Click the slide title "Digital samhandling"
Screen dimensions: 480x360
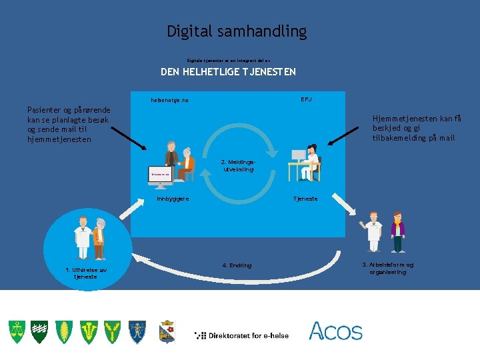coord(237,31)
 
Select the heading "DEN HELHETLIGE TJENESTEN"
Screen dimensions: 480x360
coord(228,72)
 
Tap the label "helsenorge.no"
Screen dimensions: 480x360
coord(169,101)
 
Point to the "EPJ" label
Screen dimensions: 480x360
coord(306,99)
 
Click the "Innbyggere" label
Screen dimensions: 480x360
coord(173,199)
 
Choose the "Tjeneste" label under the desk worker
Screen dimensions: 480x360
coord(306,199)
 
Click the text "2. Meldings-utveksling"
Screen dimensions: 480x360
coord(237,165)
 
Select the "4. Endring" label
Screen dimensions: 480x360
coord(237,265)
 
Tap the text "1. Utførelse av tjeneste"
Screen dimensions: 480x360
coord(86,273)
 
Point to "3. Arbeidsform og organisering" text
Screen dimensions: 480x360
coord(387,268)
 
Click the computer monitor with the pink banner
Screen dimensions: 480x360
coord(161,173)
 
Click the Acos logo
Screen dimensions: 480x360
coord(335,331)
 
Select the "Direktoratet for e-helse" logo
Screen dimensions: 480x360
coord(241,335)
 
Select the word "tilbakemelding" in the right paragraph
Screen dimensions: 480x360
coord(402,138)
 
